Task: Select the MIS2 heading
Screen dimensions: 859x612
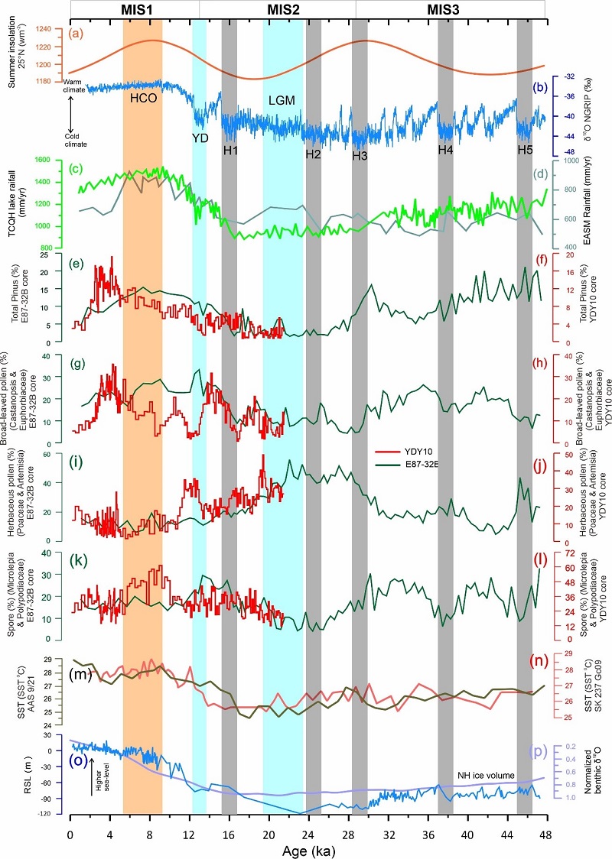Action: pyautogui.click(x=289, y=8)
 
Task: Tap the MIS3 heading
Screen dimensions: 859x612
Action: pyautogui.click(x=449, y=8)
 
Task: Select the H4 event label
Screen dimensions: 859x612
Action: pyautogui.click(x=446, y=149)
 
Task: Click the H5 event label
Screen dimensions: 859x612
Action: pyautogui.click(x=524, y=149)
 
